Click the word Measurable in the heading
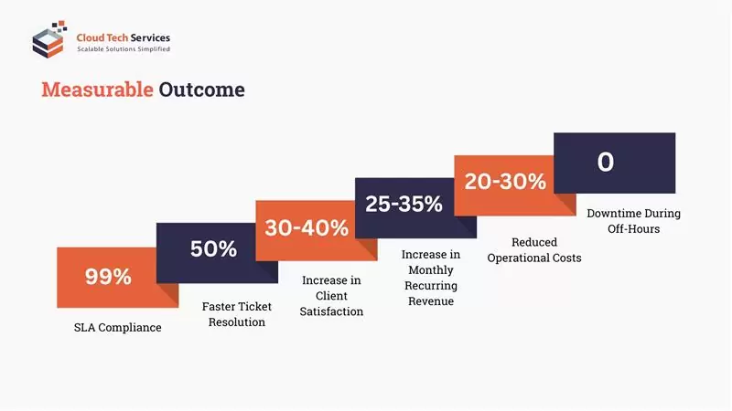[x=97, y=90]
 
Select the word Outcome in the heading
[x=201, y=90]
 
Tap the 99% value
[x=108, y=276]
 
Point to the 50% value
[x=213, y=248]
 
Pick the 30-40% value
[x=307, y=227]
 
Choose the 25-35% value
[x=404, y=204]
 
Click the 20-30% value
[x=505, y=181]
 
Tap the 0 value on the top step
[x=606, y=162]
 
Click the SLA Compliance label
[x=117, y=327]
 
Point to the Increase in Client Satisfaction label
[x=331, y=296]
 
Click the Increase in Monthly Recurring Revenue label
[x=430, y=277]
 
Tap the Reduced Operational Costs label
[x=534, y=250]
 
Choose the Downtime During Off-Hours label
[x=633, y=221]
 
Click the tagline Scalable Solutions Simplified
[x=123, y=48]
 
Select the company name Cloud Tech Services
[x=123, y=37]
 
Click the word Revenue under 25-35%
[x=430, y=300]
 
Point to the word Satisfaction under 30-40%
[x=331, y=311]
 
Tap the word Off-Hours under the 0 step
[x=633, y=228]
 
